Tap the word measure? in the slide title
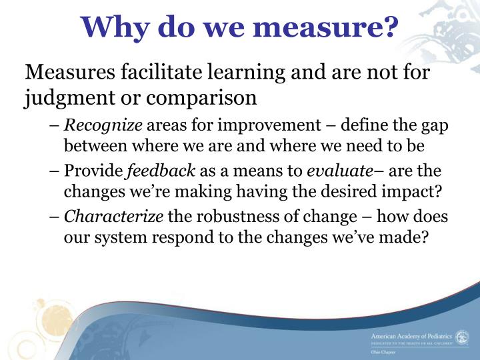(x=341, y=27)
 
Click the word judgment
(x=59, y=97)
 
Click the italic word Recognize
(x=103, y=125)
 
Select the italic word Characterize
(x=114, y=218)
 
